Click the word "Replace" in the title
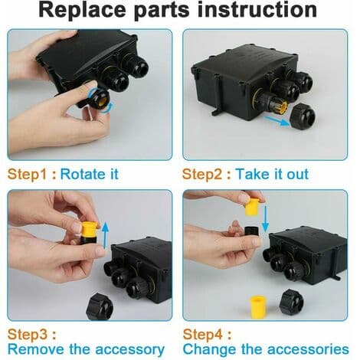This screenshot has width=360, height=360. (x=82, y=10)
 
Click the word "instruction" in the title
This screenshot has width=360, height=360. (x=257, y=10)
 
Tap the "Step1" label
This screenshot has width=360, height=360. (x=28, y=175)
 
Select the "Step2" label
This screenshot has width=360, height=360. (x=202, y=175)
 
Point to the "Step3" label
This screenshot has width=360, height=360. (x=28, y=335)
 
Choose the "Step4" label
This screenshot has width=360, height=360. (x=203, y=335)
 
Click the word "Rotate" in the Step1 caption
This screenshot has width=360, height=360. (x=82, y=175)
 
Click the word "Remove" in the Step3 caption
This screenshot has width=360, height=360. (x=36, y=349)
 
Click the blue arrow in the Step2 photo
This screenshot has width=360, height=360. (x=277, y=121)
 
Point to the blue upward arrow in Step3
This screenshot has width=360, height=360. (x=106, y=235)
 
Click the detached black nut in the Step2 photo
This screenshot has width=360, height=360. (x=303, y=116)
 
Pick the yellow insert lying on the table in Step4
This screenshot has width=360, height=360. (x=257, y=307)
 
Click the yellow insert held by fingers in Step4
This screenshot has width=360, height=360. (x=252, y=206)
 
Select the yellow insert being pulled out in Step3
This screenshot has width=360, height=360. (x=90, y=230)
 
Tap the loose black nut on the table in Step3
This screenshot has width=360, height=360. (x=100, y=306)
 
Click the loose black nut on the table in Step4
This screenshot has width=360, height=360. (x=291, y=303)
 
